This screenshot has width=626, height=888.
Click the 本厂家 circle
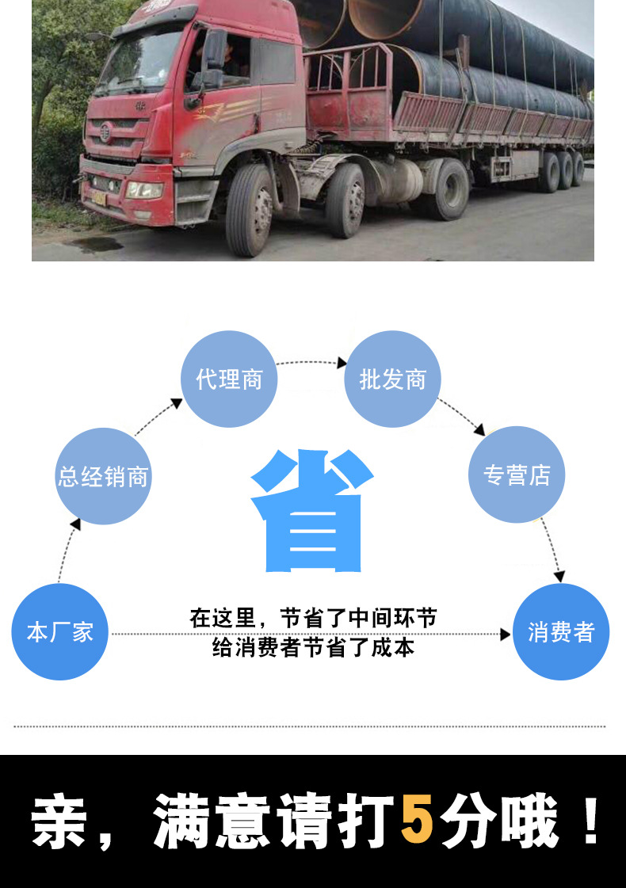point(59,632)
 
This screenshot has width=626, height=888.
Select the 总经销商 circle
point(103,476)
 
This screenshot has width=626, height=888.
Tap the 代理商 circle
point(229,379)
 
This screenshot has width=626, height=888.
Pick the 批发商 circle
point(392,379)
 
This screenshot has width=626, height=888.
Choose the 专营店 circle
point(517,475)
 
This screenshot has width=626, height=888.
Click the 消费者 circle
point(561,632)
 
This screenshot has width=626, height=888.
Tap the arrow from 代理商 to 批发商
point(311,363)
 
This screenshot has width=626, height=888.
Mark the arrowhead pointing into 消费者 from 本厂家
point(505,635)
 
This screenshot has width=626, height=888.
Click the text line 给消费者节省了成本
point(313,648)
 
